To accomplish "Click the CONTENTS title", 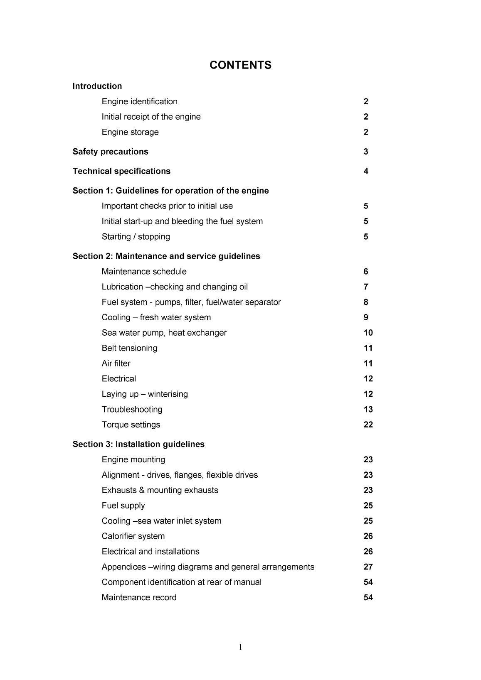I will pos(240,65).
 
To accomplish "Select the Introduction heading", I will pos(97,86).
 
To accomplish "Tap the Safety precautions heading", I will pos(110,152).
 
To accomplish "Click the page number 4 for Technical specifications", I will pos(366,171).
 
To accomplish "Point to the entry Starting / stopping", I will pos(136,237).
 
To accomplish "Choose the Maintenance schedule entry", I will pos(144,272).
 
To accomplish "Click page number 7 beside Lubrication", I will pos(366,287).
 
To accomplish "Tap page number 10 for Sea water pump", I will pos(368,333).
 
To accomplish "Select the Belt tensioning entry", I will pos(129,348).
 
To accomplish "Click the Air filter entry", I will pos(116,363).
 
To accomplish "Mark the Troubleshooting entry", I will pos(132,410).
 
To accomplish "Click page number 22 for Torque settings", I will pos(368,425).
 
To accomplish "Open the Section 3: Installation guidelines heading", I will pos(138,444).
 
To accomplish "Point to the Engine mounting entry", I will pos(133,460).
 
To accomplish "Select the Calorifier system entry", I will pos(133,536).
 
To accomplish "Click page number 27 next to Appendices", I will pos(368,567).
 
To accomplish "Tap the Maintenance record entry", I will pos(139,598).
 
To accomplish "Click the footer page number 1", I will pos(241,647).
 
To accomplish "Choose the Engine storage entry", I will pos(130,132).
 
